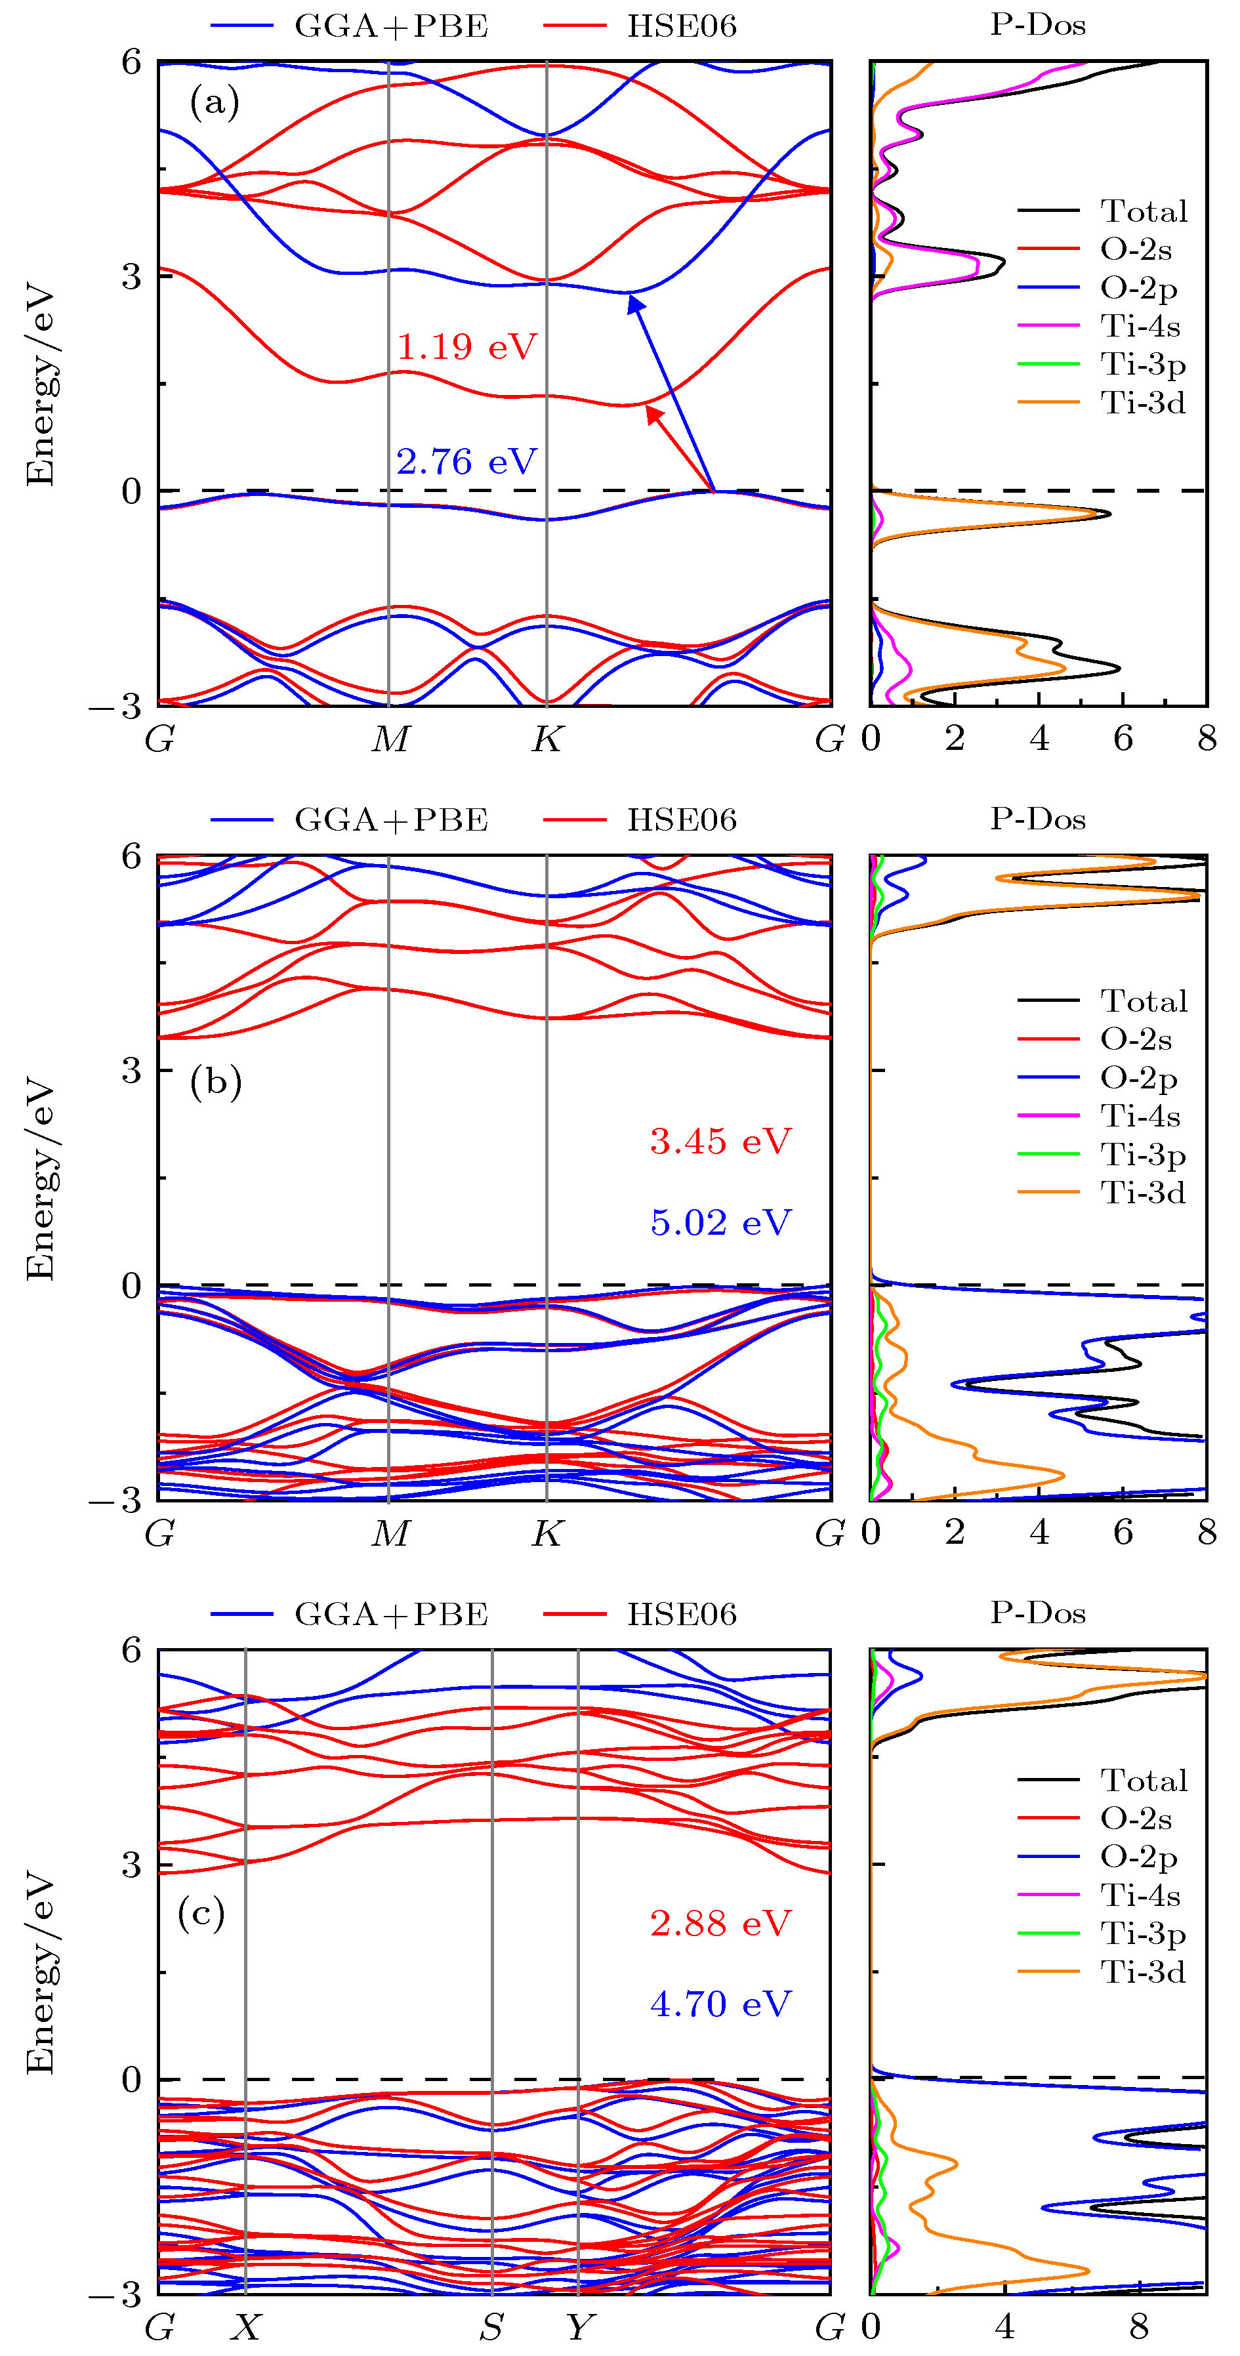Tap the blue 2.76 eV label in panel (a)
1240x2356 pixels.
[466, 462]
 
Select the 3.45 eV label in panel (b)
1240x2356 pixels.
[720, 1142]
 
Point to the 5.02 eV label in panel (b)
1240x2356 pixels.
[720, 1223]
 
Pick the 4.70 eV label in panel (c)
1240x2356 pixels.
[720, 2004]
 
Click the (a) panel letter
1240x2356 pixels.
[214, 102]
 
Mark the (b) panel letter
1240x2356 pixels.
[216, 1082]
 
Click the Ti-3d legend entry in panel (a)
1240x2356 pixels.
[1143, 402]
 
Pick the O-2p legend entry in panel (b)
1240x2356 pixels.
[1138, 1079]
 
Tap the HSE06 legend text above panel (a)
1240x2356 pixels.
[681, 26]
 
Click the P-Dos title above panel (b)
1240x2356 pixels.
[1038, 819]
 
